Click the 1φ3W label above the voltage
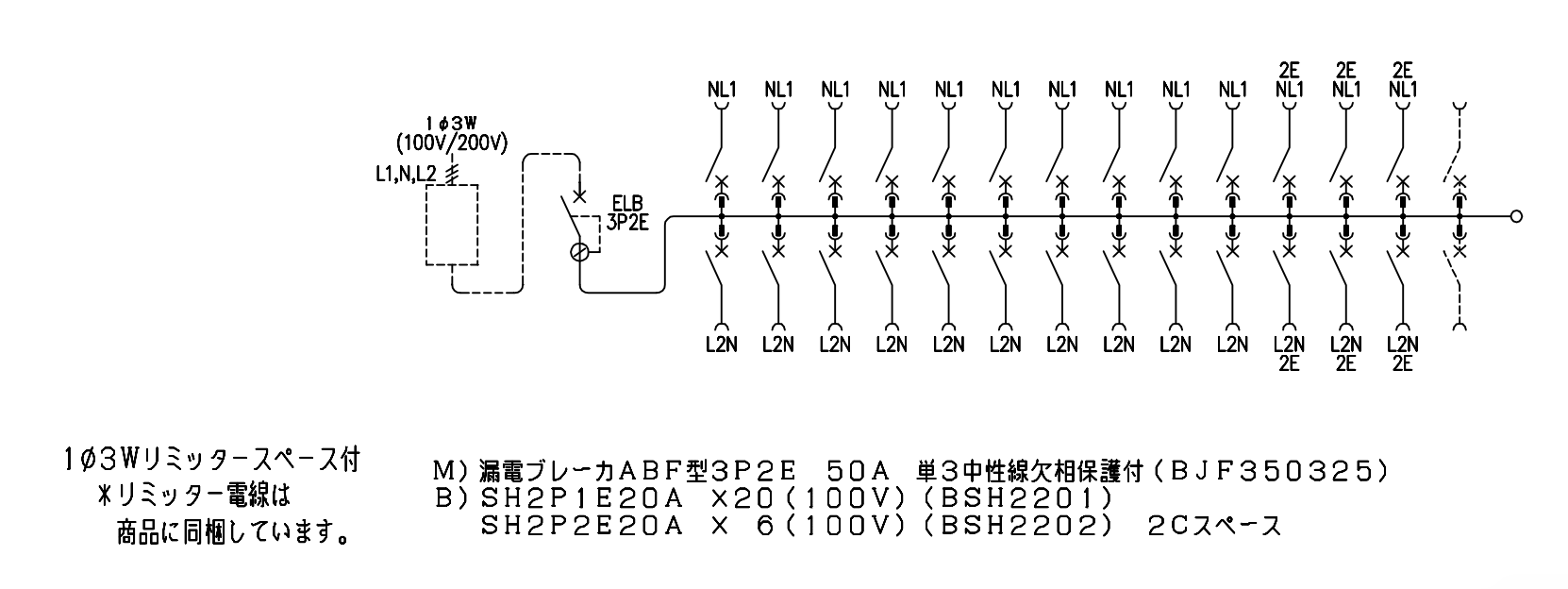click(x=452, y=124)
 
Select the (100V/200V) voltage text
click(x=452, y=143)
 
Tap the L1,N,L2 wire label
click(x=406, y=174)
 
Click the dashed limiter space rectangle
click(x=452, y=225)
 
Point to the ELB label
click(x=627, y=204)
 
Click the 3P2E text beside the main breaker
click(x=627, y=223)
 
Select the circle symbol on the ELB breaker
click(x=579, y=252)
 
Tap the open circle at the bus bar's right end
click(x=1516, y=216)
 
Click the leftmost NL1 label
click(x=722, y=90)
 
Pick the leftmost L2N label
click(x=722, y=345)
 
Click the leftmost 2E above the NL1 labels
click(x=1289, y=71)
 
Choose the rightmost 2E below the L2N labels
click(x=1402, y=363)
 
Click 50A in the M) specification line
click(x=858, y=470)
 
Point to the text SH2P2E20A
click(x=582, y=526)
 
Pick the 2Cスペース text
click(x=1214, y=526)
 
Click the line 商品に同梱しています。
click(x=232, y=533)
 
